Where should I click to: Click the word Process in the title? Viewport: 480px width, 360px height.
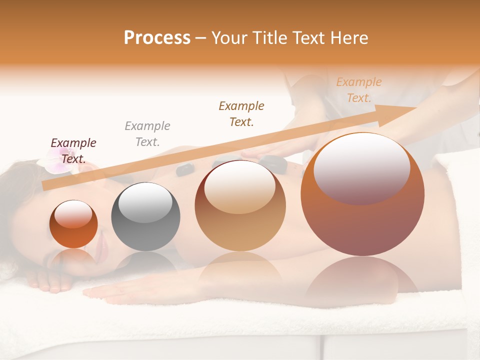coord(157,38)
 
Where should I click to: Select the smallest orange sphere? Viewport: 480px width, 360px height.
coord(73,224)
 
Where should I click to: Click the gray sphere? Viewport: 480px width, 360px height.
coord(145,217)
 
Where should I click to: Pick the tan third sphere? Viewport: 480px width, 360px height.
coord(240,206)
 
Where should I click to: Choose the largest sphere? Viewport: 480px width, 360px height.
coord(362,194)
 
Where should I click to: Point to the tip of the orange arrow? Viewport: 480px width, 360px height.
coord(416,108)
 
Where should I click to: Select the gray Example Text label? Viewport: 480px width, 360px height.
coord(147,134)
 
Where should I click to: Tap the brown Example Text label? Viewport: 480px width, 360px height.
coord(241,113)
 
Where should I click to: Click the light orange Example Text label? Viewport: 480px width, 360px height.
coord(359,90)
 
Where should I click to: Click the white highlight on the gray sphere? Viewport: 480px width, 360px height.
coord(145,202)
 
